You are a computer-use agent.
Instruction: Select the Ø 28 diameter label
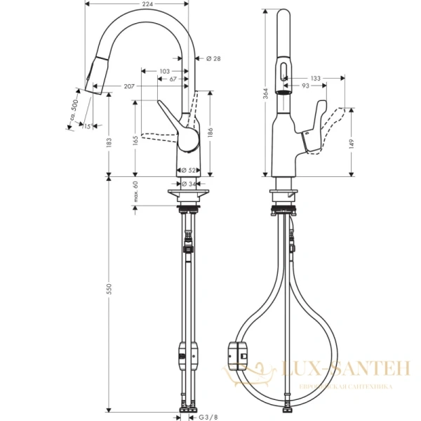click(213, 58)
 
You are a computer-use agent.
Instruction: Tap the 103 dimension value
click(165, 71)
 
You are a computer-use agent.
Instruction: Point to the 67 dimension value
click(173, 79)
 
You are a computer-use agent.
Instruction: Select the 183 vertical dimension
click(108, 142)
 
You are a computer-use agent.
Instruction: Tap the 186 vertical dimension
click(209, 131)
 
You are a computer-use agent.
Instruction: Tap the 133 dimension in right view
click(315, 79)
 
